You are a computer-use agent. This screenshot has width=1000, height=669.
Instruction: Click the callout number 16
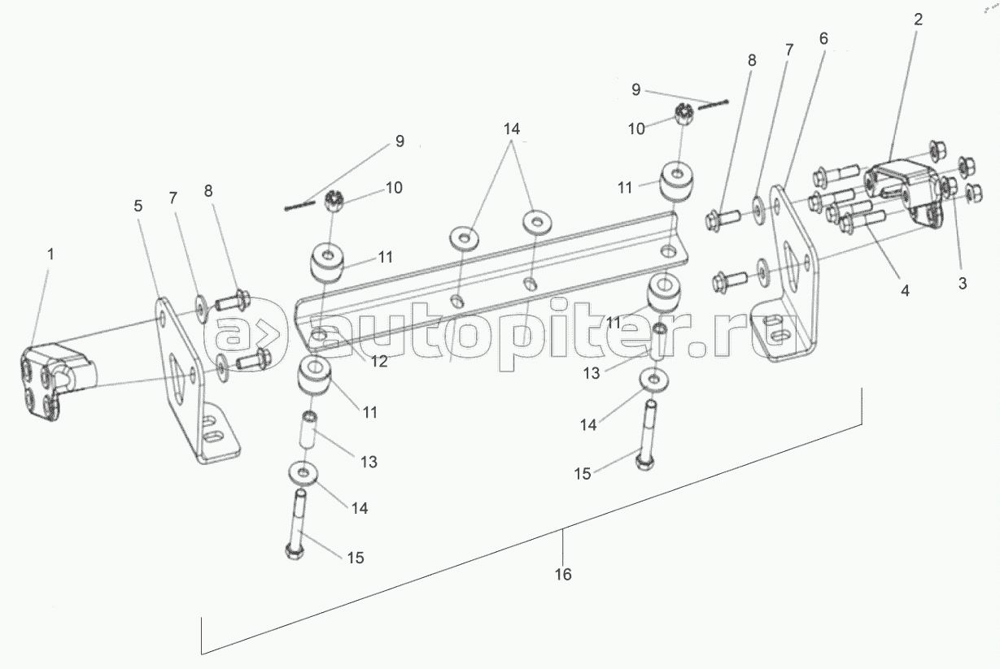[563, 575]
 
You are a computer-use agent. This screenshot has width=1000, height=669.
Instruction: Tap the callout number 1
[51, 254]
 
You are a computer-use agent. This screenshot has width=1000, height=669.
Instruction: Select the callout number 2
[918, 20]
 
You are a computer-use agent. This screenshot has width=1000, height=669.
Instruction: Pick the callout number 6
[823, 38]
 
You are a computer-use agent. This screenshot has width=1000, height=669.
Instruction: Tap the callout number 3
[963, 284]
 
